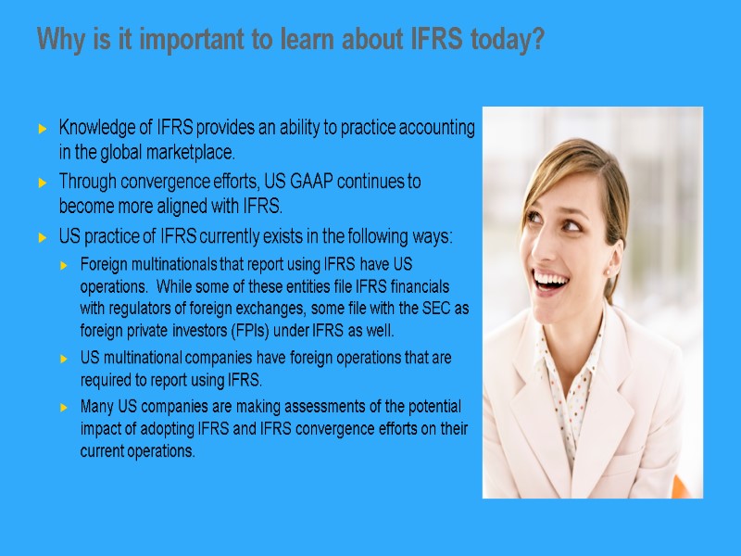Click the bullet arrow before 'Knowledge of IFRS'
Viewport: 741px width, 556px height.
click(x=43, y=128)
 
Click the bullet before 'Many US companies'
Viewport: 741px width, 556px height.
click(x=64, y=408)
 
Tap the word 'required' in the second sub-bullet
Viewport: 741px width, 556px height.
click(x=108, y=379)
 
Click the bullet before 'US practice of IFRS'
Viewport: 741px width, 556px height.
click(x=43, y=238)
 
